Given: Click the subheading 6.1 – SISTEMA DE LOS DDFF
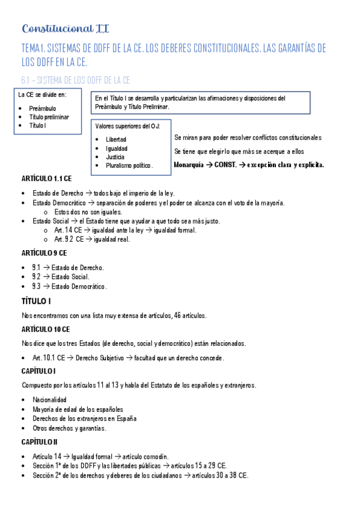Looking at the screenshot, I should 76,79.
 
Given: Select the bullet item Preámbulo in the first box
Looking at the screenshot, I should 42,109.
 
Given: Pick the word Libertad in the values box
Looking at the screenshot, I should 115,139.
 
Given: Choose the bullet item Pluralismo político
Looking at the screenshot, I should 129,165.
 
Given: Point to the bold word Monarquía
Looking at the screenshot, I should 192,165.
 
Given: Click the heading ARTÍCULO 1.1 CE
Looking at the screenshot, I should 47,180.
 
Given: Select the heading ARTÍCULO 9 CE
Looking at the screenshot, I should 44,253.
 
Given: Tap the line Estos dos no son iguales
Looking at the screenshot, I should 88,212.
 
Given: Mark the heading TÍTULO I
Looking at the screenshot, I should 36,301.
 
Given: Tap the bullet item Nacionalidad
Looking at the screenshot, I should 49,400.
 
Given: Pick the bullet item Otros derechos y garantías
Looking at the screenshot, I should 69,428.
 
